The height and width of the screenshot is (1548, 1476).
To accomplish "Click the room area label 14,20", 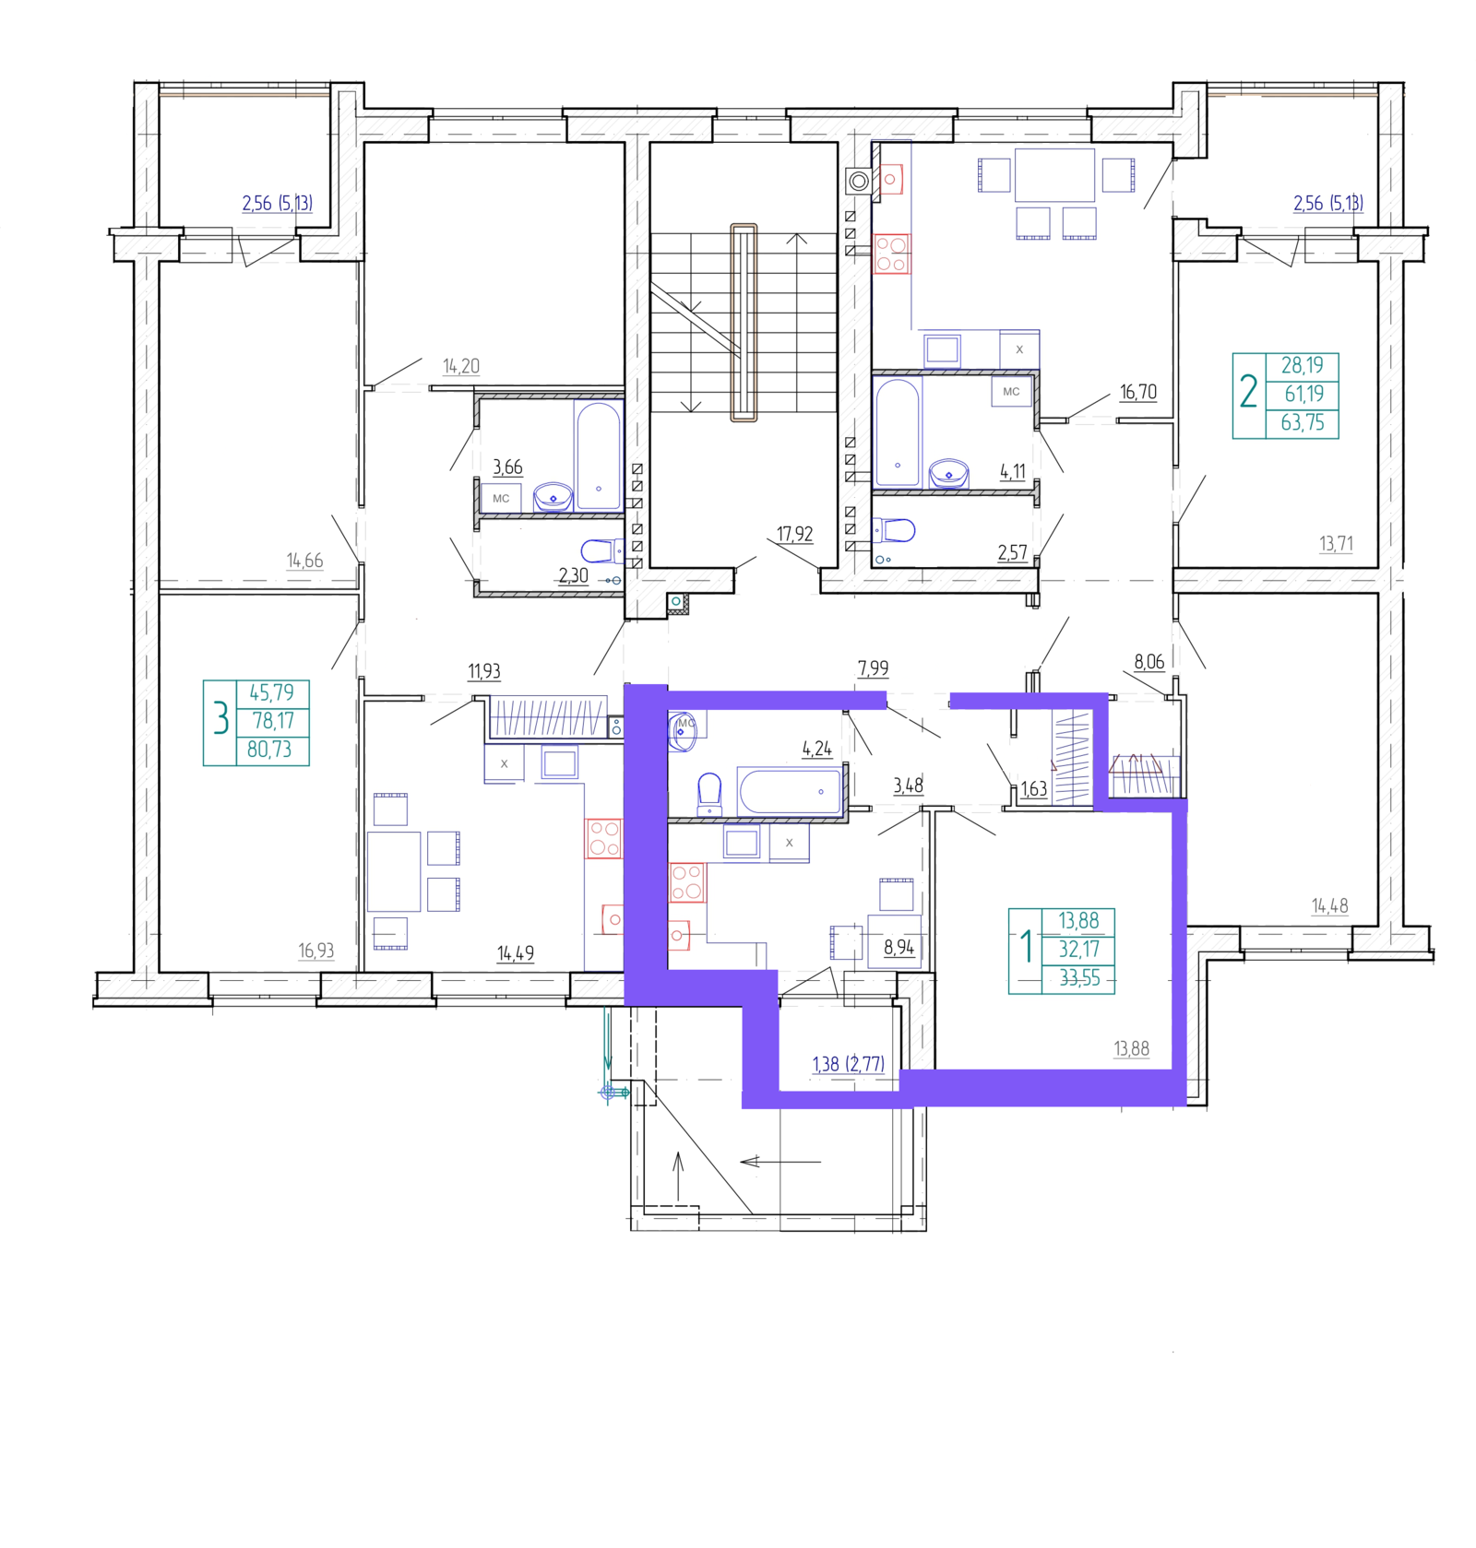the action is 461,366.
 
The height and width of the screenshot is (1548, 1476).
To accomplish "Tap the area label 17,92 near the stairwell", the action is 794,534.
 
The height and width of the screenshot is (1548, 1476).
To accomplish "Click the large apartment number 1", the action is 1026,947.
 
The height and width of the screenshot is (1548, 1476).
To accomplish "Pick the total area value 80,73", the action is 269,750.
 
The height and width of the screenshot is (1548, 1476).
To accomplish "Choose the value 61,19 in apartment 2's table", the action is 1303,394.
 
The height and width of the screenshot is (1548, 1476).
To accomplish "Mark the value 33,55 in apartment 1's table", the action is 1079,978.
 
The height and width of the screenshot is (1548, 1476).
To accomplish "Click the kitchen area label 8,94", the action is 899,947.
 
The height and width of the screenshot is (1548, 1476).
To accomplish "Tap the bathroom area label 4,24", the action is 816,749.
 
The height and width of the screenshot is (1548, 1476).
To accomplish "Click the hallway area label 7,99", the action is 873,668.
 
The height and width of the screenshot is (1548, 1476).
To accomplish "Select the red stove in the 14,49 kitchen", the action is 604,838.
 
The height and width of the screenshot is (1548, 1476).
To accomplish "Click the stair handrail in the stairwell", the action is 744,323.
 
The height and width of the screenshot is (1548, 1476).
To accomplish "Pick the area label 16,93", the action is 315,951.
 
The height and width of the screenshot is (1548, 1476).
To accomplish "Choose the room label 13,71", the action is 1336,544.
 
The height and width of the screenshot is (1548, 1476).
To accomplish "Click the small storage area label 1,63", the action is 1033,789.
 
